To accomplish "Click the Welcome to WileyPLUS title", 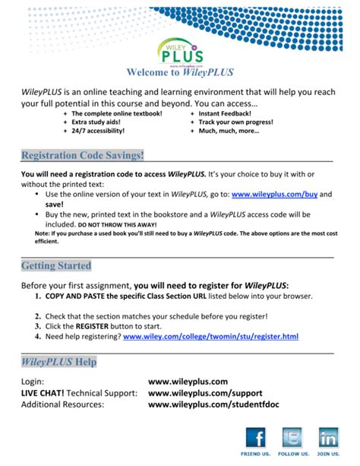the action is click(x=180, y=73).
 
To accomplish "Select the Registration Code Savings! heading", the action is click(x=83, y=155).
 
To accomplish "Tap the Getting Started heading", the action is click(x=56, y=266).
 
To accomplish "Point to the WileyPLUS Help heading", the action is click(x=58, y=362).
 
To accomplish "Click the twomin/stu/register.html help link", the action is click(x=210, y=335).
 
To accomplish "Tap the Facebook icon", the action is click(x=255, y=438).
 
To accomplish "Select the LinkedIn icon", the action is click(x=328, y=438).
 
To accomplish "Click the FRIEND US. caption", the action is click(x=255, y=454).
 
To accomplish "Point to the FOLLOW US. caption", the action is click(x=292, y=454).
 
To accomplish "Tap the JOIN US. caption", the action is click(x=327, y=454).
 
